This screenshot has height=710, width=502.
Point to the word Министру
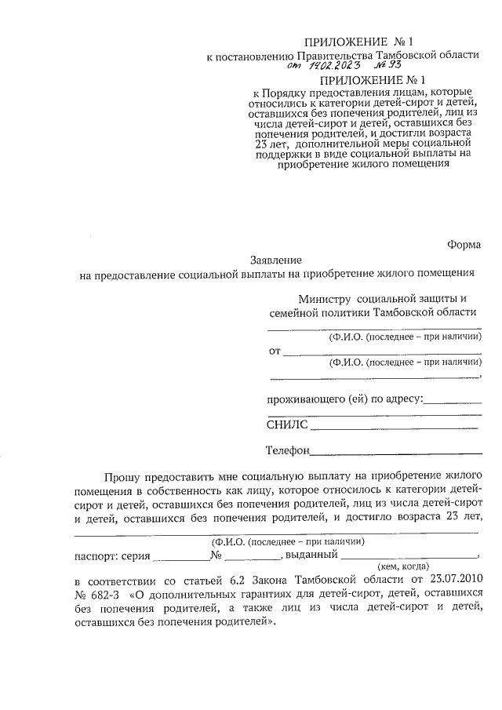tap(326, 298)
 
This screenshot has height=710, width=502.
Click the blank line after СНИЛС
tap(395, 428)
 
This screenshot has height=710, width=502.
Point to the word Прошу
tap(122, 475)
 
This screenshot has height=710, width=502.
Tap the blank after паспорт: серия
tap(180, 555)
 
